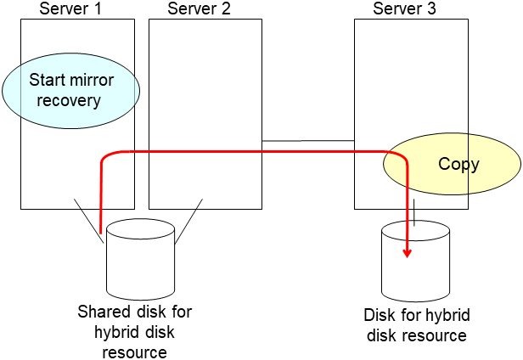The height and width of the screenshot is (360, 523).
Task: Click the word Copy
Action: coord(458,164)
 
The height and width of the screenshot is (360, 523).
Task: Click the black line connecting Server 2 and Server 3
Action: coord(307,141)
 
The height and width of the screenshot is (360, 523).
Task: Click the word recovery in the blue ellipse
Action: coord(71,100)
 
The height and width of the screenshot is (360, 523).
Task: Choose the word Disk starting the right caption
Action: coord(379,316)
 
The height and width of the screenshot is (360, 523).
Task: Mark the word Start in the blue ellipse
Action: coord(47,81)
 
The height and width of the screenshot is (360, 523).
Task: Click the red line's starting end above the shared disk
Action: coord(101,230)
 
